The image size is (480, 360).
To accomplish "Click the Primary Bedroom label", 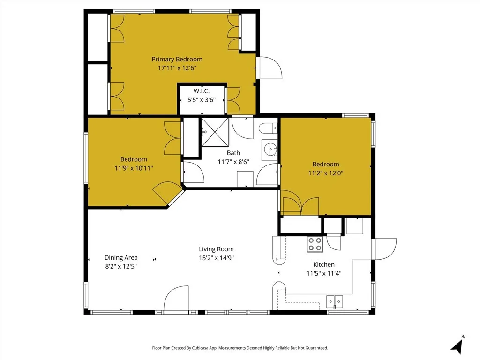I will [177, 59].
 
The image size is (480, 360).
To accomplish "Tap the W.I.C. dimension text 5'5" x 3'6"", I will [201, 99].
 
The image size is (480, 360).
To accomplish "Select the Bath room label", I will [233, 153].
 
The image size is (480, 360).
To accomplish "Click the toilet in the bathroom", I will [268, 129].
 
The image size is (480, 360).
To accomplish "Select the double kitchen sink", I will [335, 300].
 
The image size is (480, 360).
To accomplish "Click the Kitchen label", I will [321, 264].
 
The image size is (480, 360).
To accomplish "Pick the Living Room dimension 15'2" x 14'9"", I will [216, 257].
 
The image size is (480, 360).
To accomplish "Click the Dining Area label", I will [121, 257].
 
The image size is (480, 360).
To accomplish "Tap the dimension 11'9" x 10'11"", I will [134, 167].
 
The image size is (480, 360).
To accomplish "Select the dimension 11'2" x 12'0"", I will [326, 172].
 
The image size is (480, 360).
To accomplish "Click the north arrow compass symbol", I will [458, 345].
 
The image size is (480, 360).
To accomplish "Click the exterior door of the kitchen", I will [384, 248].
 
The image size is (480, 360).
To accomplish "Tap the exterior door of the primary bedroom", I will [269, 68].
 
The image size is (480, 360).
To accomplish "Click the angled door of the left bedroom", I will [166, 193].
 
